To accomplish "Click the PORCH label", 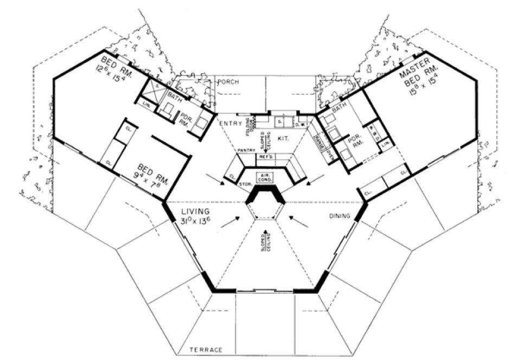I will point(228,82).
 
